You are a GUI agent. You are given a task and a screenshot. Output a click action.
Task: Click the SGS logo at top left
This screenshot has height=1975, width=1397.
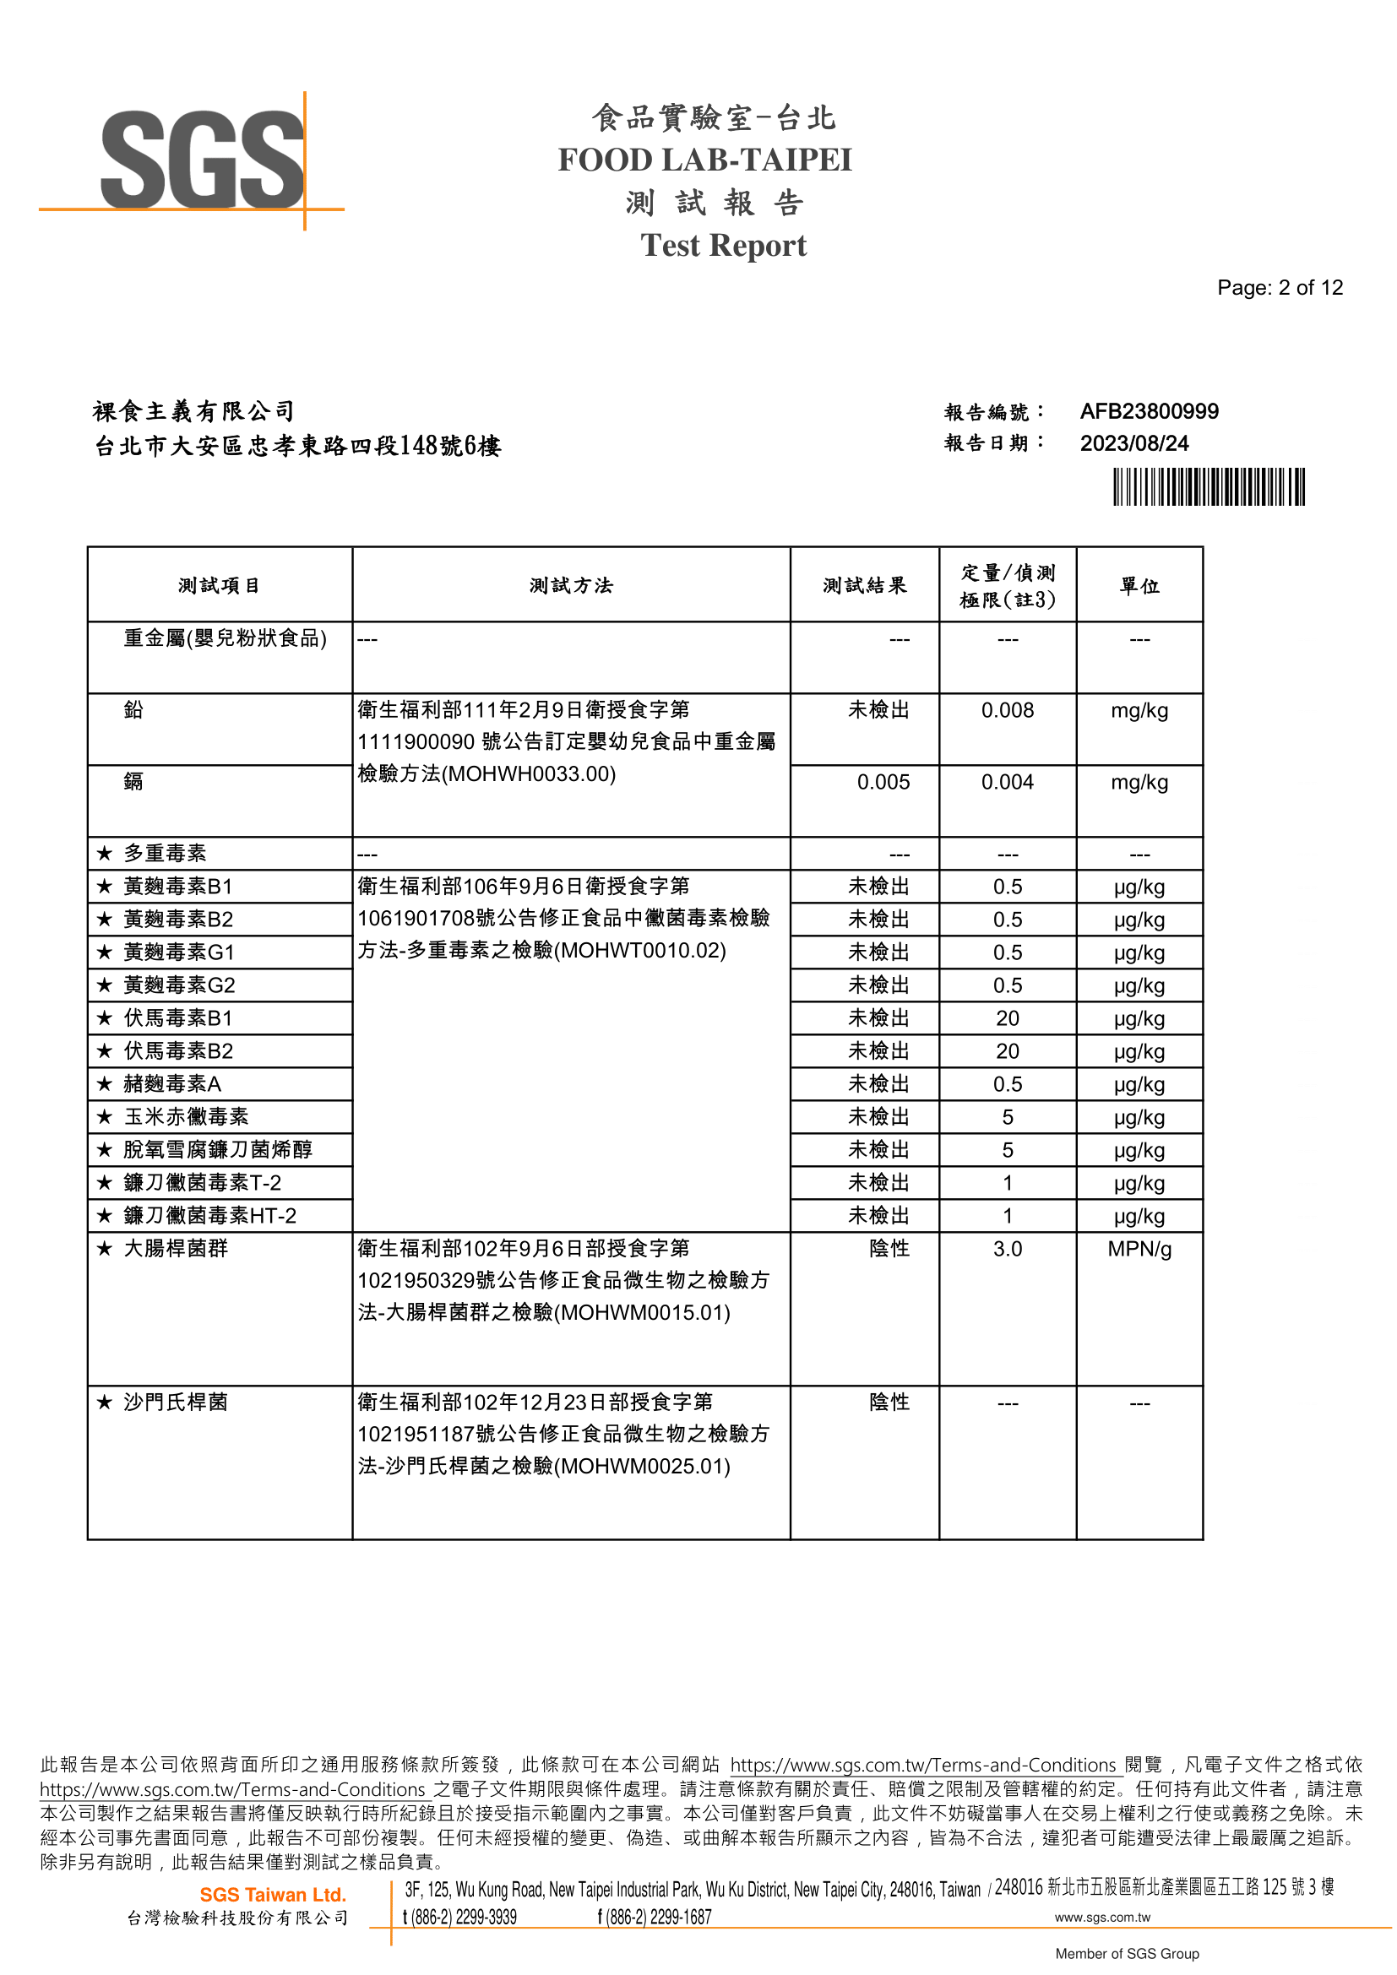tap(202, 161)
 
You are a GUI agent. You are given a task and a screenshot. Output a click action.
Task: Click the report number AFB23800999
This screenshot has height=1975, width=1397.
tap(1149, 411)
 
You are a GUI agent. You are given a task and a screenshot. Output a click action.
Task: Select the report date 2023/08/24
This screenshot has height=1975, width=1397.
tap(1133, 443)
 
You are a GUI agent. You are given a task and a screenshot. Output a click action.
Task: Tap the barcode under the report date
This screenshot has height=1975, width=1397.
tap(1208, 487)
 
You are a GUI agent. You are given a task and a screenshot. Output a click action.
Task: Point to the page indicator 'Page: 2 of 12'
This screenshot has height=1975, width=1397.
tap(1279, 288)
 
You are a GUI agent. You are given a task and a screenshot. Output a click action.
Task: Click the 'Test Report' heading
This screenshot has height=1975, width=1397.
tap(723, 246)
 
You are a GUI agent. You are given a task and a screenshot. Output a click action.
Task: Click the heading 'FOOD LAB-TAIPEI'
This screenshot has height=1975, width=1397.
tap(704, 160)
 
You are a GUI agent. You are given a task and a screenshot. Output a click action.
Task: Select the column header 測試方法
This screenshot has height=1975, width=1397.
tap(570, 586)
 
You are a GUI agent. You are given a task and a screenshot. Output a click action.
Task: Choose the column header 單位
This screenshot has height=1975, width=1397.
tap(1139, 586)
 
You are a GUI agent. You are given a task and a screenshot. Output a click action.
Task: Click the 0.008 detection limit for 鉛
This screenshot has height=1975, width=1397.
tap(1008, 710)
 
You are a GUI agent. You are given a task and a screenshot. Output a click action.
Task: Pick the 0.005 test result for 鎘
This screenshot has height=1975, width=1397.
tap(883, 782)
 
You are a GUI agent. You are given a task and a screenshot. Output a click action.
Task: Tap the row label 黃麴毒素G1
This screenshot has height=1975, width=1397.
tap(178, 952)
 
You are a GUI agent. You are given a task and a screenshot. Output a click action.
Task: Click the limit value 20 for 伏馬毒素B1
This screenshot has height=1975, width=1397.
tap(1008, 1018)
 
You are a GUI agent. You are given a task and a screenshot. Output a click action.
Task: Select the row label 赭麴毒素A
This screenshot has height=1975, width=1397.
tap(172, 1084)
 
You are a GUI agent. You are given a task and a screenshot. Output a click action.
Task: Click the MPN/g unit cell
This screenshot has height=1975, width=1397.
tap(1139, 1249)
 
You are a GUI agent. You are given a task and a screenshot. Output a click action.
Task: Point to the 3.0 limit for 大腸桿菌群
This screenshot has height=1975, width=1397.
tap(1008, 1249)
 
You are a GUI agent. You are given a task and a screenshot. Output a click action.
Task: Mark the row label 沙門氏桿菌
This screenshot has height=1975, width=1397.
tap(176, 1403)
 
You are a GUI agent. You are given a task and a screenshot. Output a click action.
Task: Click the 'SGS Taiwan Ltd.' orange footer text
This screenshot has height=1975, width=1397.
tap(273, 1894)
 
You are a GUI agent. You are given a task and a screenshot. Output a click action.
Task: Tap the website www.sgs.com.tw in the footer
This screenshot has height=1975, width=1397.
tap(1102, 1917)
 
